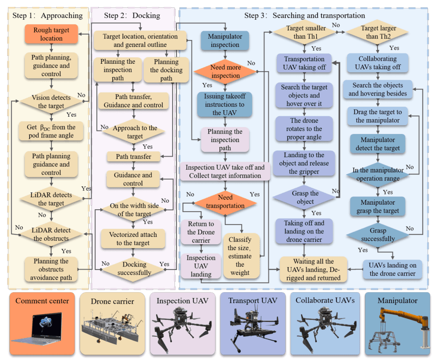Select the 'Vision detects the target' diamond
(51, 102)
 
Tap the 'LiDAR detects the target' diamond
(51, 199)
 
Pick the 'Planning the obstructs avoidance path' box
(51, 269)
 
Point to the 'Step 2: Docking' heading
(132, 15)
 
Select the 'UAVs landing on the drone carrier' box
(393, 270)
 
